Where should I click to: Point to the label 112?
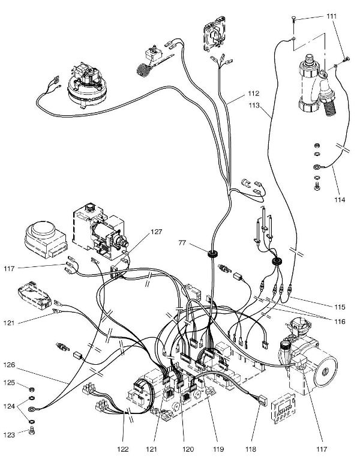click(252, 94)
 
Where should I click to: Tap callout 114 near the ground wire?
click(340, 199)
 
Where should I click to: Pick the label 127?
click(157, 231)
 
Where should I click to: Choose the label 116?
click(340, 322)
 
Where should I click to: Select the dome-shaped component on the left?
click(41, 235)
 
